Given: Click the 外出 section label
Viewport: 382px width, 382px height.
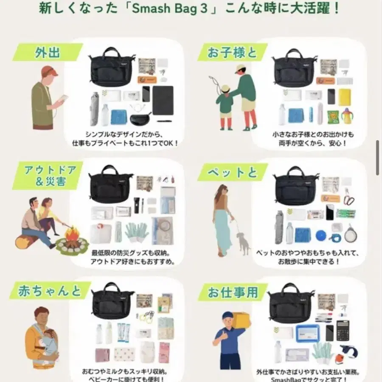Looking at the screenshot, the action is (48, 52).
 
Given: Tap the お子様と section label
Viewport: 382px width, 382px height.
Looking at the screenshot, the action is (232, 52).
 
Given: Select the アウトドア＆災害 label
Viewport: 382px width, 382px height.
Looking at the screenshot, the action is (51, 175).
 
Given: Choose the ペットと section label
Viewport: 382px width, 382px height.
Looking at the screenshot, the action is (233, 172).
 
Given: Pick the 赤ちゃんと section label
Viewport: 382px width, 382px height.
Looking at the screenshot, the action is (50, 291).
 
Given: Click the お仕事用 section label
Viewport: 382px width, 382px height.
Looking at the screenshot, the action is (233, 292).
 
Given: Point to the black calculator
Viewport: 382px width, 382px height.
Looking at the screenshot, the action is (343, 330).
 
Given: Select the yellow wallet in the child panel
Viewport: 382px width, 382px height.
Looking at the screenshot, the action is (344, 97).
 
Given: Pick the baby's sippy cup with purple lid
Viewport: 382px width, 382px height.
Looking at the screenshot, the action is (347, 116).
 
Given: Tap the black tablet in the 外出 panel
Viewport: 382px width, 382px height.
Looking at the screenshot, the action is (163, 100).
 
